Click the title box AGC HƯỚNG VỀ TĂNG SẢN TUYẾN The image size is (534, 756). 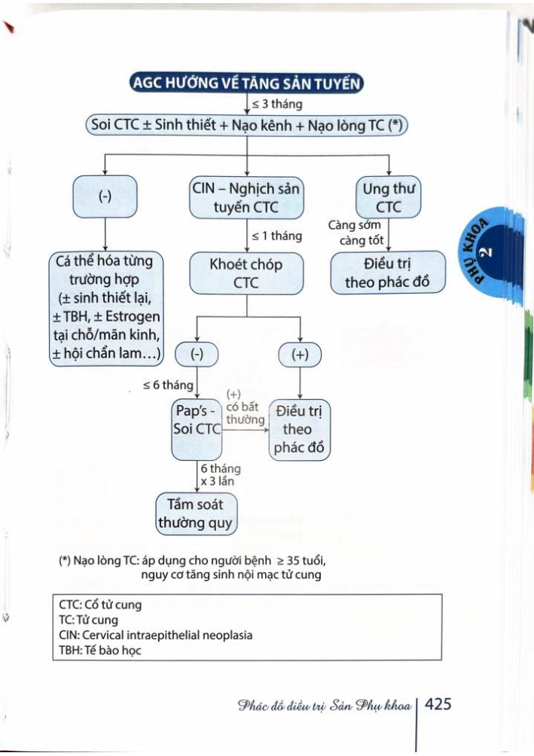click(x=246, y=83)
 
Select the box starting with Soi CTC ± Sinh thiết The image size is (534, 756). click(x=246, y=125)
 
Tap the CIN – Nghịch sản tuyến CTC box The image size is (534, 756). click(x=246, y=197)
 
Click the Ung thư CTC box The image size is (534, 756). click(x=388, y=197)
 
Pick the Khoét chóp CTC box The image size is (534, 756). click(x=246, y=273)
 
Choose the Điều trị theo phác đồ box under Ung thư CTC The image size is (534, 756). click(x=388, y=273)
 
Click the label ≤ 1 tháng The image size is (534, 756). click(x=276, y=236)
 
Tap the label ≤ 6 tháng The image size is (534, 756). click(x=168, y=386)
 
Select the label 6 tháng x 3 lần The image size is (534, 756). click(x=221, y=474)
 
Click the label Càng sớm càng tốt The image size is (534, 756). click(x=355, y=232)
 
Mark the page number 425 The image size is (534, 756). click(x=438, y=705)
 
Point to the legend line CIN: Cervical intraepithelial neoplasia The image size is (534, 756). click(x=156, y=635)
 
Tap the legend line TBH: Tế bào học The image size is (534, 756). click(x=100, y=651)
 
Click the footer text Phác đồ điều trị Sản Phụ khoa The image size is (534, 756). click(x=324, y=706)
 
